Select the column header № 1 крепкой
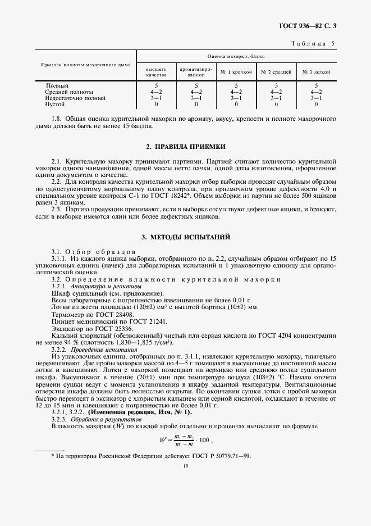click(x=236, y=72)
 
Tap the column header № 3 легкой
click(x=316, y=72)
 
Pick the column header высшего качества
click(x=157, y=72)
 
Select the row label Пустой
click(x=55, y=105)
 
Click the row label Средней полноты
click(x=69, y=92)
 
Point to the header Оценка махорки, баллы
click(x=236, y=57)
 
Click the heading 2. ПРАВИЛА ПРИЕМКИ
click(x=185, y=147)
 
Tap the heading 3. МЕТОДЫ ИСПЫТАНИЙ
click(x=185, y=238)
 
